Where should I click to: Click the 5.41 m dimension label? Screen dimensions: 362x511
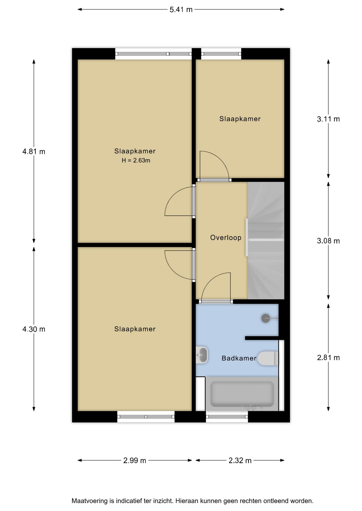click(181, 10)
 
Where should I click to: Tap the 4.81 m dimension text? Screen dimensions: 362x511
click(34, 152)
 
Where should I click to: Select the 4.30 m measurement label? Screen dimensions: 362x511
click(34, 329)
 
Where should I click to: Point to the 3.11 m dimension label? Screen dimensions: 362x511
click(328, 119)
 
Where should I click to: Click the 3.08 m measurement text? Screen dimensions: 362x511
click(328, 241)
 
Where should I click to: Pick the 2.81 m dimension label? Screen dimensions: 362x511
click(328, 357)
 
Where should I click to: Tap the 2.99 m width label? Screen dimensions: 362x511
click(135, 460)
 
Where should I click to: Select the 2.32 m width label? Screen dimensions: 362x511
click(240, 460)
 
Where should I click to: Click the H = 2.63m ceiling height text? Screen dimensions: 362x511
click(136, 160)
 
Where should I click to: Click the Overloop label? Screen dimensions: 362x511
click(226, 238)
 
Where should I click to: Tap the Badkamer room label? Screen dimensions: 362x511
click(239, 358)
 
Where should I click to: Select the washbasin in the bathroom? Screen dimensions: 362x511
click(202, 355)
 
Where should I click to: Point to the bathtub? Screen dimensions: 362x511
click(242, 394)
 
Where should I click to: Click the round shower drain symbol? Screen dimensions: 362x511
click(266, 318)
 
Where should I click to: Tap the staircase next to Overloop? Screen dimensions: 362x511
click(266, 240)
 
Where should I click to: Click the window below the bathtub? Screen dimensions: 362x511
click(227, 417)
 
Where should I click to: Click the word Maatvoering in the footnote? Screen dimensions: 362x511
click(90, 501)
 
